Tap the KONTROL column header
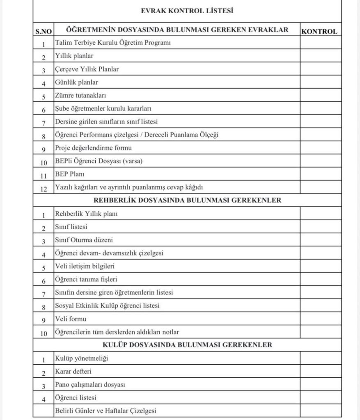319,31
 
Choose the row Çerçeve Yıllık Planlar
87,69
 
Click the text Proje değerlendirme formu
93,148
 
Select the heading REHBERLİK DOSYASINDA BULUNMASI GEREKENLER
187,201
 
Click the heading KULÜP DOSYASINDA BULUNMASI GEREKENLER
187,345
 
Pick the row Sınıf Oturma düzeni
84,240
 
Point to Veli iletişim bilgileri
85,266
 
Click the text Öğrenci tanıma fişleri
86,279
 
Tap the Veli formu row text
70,319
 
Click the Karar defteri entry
73,372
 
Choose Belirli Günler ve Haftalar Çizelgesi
105,411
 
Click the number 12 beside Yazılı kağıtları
44,188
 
